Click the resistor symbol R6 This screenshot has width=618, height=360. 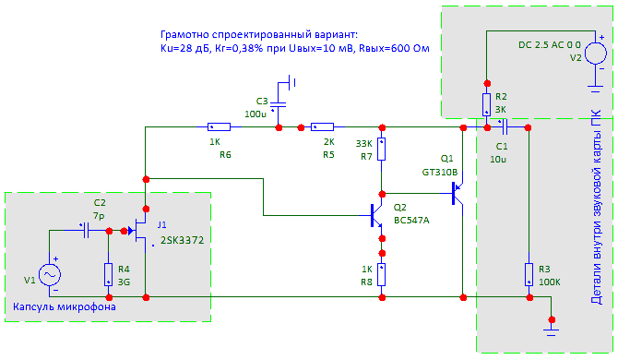[219, 127]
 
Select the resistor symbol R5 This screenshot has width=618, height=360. [323, 127]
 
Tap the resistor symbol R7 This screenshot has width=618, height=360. [381, 149]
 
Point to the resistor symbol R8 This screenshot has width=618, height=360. [381, 275]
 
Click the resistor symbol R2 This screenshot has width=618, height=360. [487, 104]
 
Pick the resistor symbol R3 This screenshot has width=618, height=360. [529, 274]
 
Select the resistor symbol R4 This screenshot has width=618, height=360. [109, 274]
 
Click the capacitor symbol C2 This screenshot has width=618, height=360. [87, 231]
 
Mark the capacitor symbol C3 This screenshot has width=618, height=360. [279, 104]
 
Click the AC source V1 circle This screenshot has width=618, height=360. [50, 275]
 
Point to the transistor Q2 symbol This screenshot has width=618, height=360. [376, 216]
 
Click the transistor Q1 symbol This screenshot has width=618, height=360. [458, 193]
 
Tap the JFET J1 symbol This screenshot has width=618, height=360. [137, 231]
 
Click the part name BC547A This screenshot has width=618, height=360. [411, 220]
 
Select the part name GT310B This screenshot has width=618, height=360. [440, 173]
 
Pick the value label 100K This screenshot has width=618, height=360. [550, 282]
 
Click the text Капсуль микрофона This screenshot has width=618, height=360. [65, 306]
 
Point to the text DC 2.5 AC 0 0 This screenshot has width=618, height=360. [550, 45]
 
